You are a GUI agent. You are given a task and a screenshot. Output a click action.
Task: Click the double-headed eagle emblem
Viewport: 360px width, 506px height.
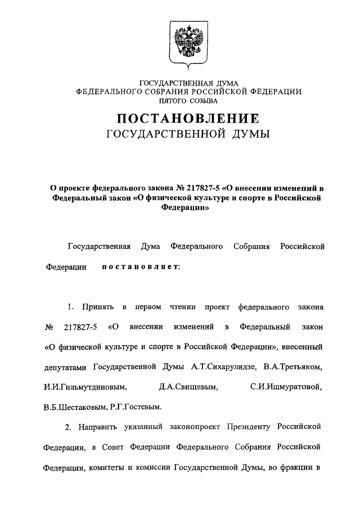point(189,39)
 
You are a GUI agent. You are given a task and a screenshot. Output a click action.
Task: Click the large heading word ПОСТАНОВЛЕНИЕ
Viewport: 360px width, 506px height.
point(188,119)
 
